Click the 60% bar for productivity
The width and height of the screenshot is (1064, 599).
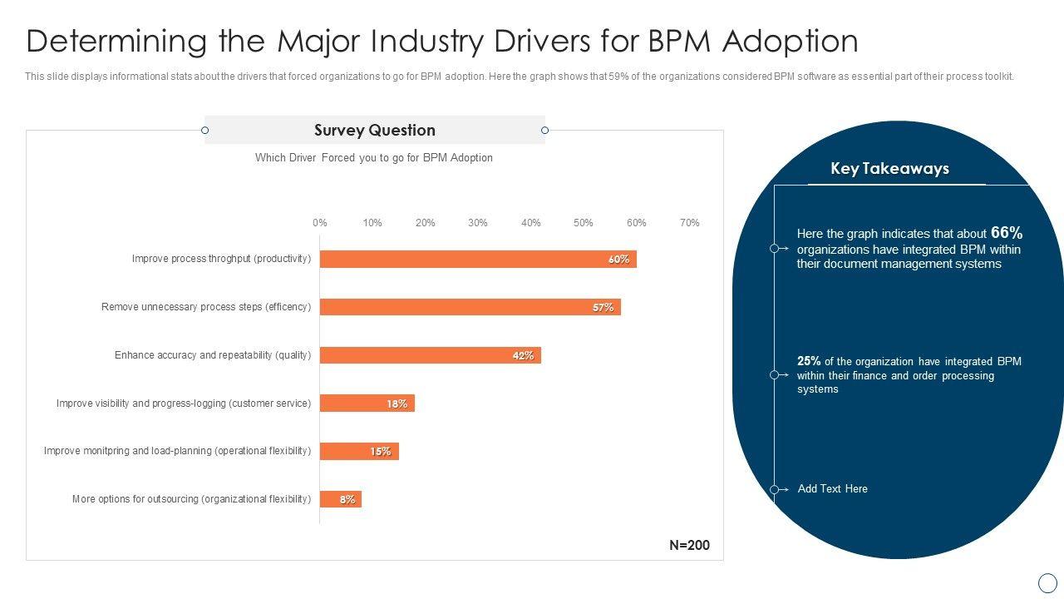tap(478, 259)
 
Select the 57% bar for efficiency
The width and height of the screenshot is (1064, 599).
tap(470, 307)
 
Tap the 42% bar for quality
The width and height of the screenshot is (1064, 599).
tap(430, 355)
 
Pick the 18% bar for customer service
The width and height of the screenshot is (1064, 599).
tap(367, 403)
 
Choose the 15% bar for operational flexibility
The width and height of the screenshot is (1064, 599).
tap(359, 452)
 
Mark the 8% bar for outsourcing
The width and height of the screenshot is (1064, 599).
tap(340, 499)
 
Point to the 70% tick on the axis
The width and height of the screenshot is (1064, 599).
tap(689, 223)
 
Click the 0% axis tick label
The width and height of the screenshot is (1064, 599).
tap(320, 223)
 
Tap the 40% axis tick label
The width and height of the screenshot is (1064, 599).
tap(530, 223)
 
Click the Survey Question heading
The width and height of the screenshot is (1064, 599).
tap(374, 131)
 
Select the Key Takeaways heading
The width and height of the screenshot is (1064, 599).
tap(889, 169)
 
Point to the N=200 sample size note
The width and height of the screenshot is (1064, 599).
tap(689, 546)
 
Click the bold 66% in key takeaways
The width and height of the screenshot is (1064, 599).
tap(1006, 233)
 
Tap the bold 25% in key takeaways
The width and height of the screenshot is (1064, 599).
tap(809, 361)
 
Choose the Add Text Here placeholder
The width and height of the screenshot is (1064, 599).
tap(832, 489)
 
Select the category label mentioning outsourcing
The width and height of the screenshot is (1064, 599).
tap(191, 499)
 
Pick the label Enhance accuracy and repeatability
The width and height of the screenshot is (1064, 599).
tap(213, 355)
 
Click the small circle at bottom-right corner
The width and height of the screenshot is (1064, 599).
tap(1048, 582)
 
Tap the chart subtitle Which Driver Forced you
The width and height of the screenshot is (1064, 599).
tap(373, 158)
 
